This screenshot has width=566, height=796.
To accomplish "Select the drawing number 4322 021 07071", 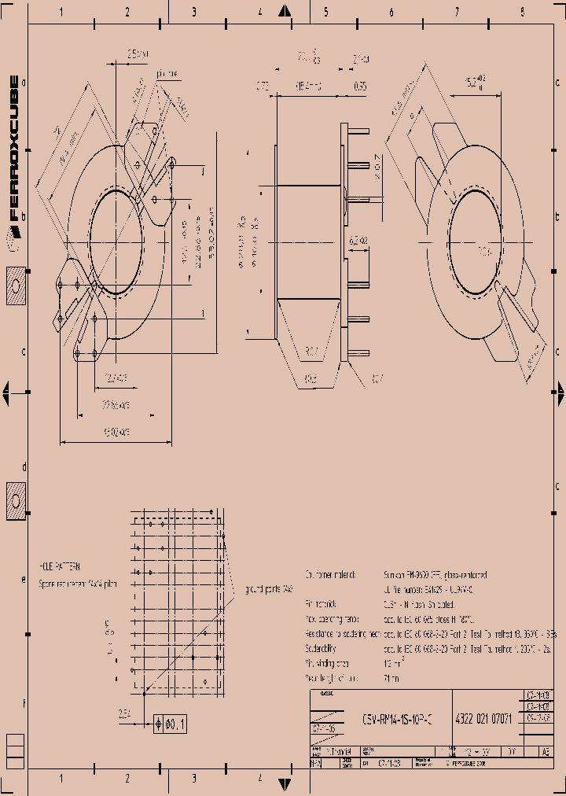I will (x=483, y=717).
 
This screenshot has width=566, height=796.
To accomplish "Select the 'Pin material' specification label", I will (x=321, y=604).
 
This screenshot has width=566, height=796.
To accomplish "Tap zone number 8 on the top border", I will (x=522, y=11).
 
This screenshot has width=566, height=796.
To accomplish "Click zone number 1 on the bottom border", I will (x=61, y=778).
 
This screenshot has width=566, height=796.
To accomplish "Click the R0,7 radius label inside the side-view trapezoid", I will (x=311, y=351).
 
